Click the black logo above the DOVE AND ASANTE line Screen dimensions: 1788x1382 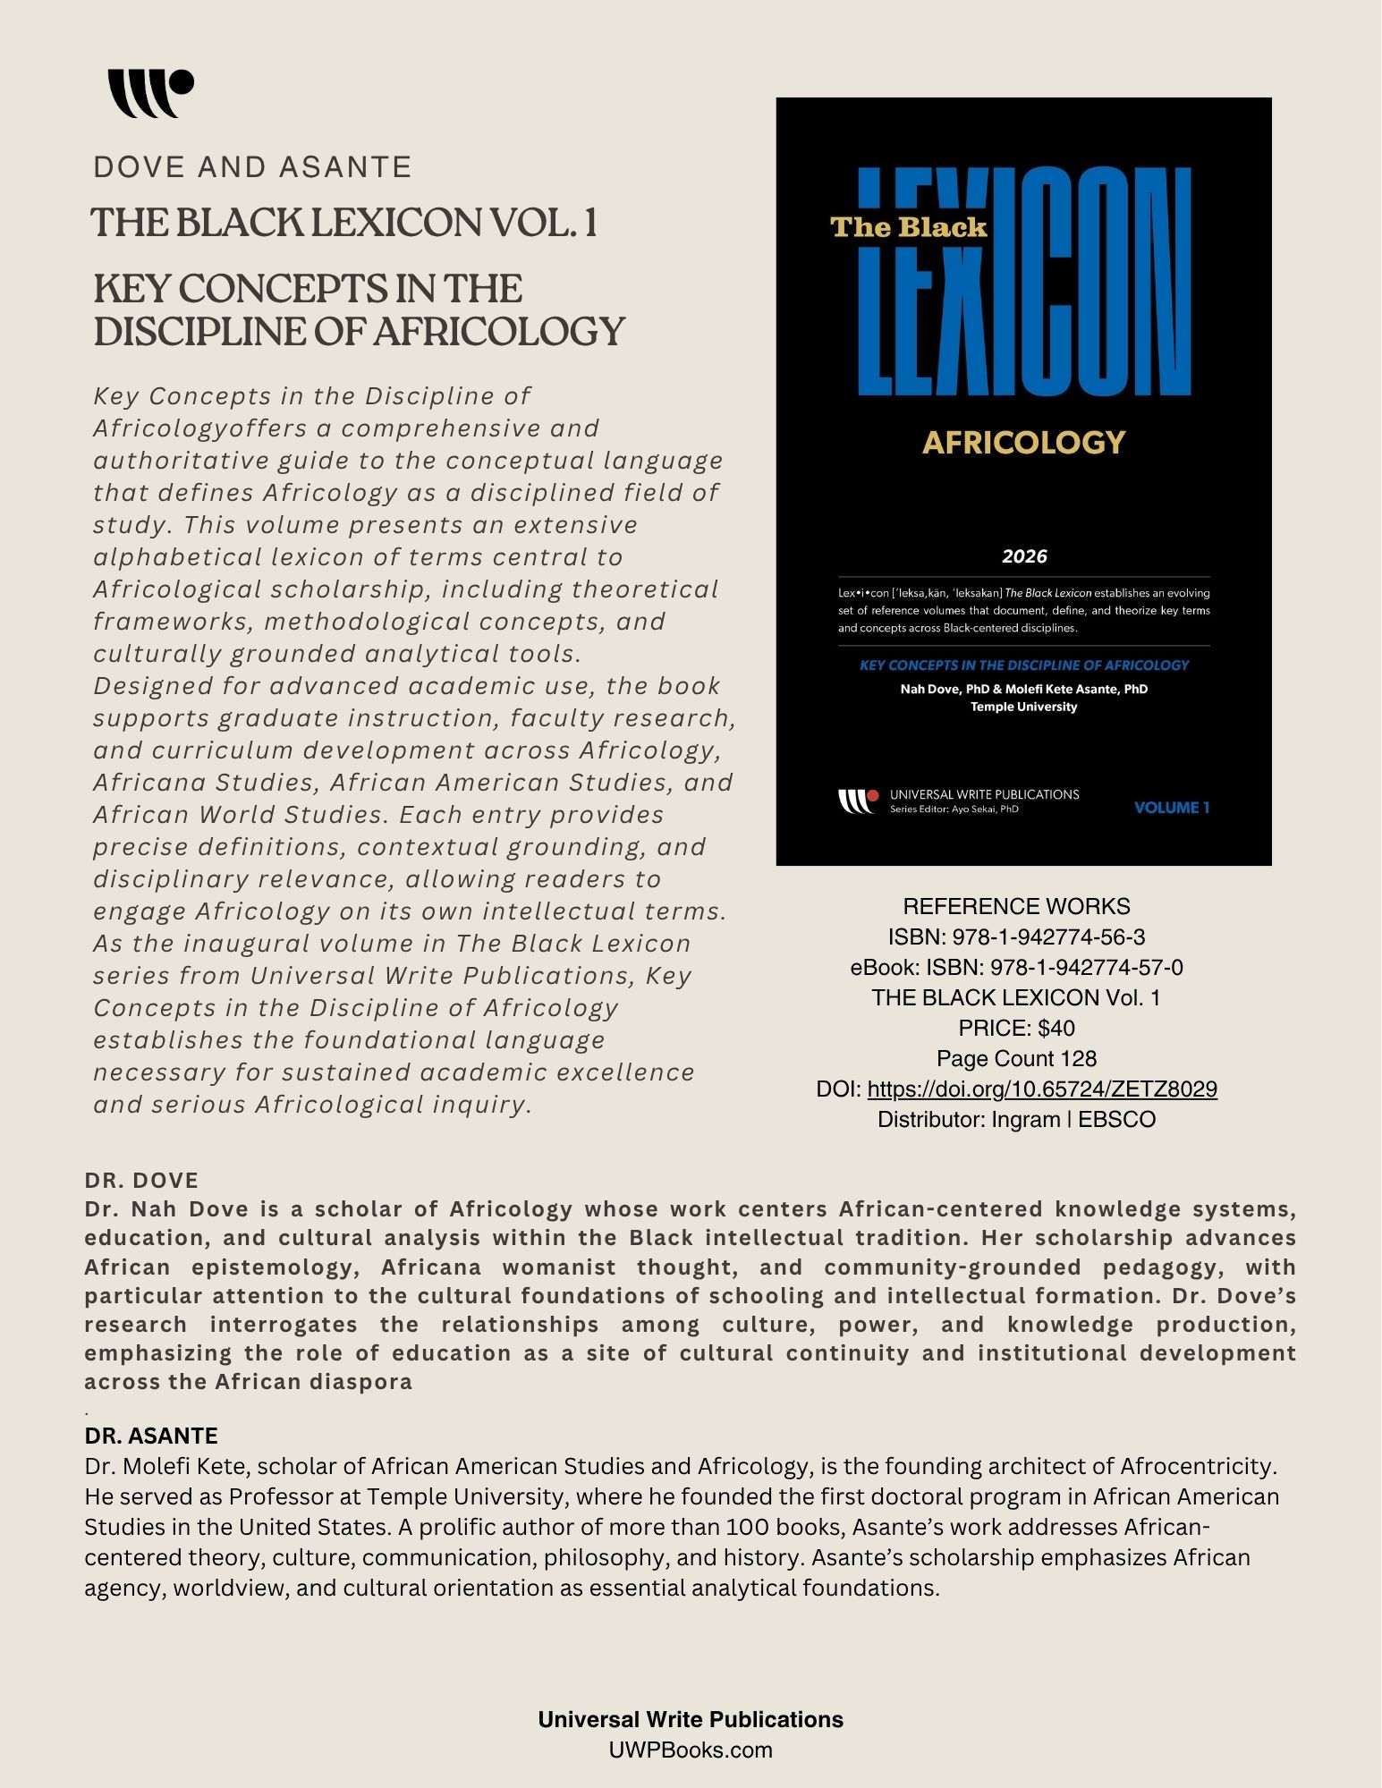pyautogui.click(x=150, y=93)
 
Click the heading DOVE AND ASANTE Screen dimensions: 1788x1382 pyautogui.click(x=252, y=167)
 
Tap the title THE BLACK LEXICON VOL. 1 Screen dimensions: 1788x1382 pyautogui.click(x=343, y=223)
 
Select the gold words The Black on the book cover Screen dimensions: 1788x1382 pyautogui.click(x=908, y=227)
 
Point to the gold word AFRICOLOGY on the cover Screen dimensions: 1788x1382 pyautogui.click(x=1023, y=442)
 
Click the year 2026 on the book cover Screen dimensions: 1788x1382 pyautogui.click(x=1024, y=556)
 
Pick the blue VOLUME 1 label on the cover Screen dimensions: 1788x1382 pyautogui.click(x=1171, y=808)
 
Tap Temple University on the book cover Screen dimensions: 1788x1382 pyautogui.click(x=1023, y=707)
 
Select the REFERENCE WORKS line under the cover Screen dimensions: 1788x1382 pyautogui.click(x=1016, y=906)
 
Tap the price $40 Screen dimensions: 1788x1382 pyautogui.click(x=1056, y=1028)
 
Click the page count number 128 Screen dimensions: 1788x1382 pyautogui.click(x=1078, y=1058)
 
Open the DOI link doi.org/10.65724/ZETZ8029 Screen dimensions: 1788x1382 pyautogui.click(x=1042, y=1089)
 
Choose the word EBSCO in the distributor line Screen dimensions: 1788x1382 pyautogui.click(x=1116, y=1119)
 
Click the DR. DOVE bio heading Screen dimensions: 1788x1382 pyautogui.click(x=141, y=1180)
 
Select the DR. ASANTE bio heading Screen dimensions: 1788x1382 pyautogui.click(x=151, y=1436)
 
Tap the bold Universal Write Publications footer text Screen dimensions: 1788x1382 pyautogui.click(x=691, y=1719)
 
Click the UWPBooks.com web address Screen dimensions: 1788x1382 pyautogui.click(x=691, y=1750)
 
